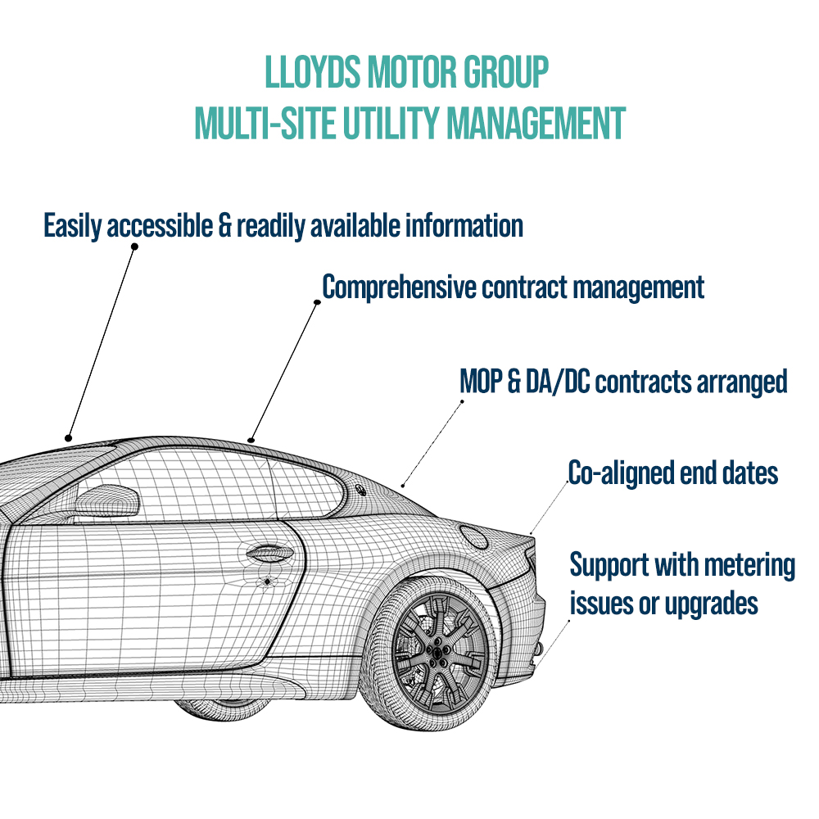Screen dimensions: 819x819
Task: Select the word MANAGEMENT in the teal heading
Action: [536, 123]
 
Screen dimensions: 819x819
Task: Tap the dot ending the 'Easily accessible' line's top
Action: [134, 246]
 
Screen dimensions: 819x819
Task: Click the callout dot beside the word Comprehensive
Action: [317, 302]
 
